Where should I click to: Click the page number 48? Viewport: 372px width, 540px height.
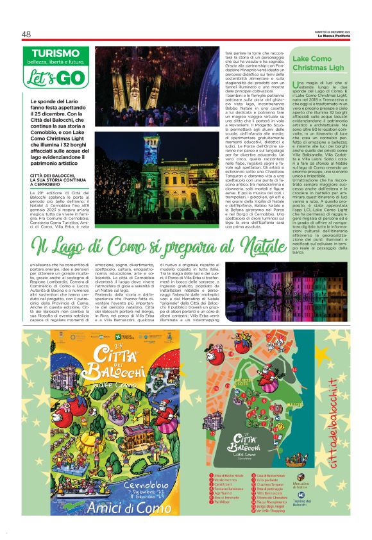pos(28,34)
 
